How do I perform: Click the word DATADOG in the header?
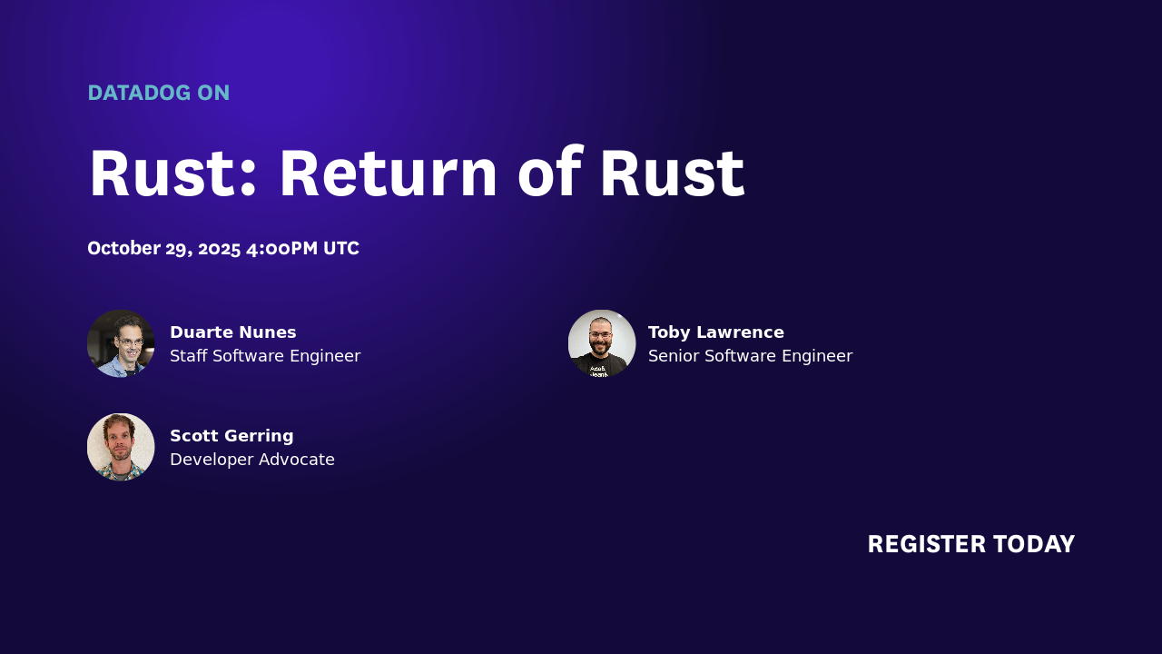[x=139, y=93]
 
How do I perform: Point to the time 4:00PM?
[x=282, y=248]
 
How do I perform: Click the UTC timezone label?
[x=341, y=248]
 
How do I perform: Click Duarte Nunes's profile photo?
[x=121, y=343]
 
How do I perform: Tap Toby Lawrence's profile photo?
[x=602, y=343]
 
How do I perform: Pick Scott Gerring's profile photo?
[x=121, y=447]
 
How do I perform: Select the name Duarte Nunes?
[x=233, y=332]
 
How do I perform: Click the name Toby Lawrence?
[x=716, y=332]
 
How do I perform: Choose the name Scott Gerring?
[x=231, y=436]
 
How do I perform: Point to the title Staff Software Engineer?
[x=265, y=356]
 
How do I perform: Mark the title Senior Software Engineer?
[x=750, y=356]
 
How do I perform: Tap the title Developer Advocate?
[x=252, y=460]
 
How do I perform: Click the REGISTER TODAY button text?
[x=970, y=544]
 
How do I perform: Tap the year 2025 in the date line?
[x=219, y=248]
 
